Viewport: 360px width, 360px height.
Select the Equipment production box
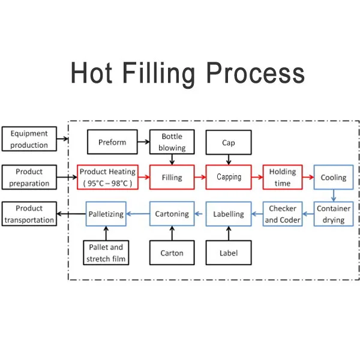[x=29, y=139]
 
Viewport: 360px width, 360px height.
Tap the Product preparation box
[x=29, y=178]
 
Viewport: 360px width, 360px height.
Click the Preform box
[x=112, y=142]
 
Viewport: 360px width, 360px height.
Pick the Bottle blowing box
[x=172, y=142]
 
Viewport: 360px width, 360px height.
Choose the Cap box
[x=229, y=143]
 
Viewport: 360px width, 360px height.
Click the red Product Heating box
[x=108, y=177]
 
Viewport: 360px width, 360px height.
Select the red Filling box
[x=172, y=177]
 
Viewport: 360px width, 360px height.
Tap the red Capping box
[x=229, y=177]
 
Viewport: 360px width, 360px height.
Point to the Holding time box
[x=282, y=178]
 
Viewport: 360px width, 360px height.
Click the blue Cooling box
[x=333, y=178]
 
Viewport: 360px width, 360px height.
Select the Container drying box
[x=333, y=214]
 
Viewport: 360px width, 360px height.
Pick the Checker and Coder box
[x=282, y=214]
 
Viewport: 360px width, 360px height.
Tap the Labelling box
[x=229, y=214]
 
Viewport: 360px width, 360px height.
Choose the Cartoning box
[x=172, y=214]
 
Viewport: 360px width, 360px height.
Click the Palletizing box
[x=106, y=214]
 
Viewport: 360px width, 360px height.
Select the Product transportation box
[x=29, y=214]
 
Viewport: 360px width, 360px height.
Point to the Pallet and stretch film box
[x=106, y=253]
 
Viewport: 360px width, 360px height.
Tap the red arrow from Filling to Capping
[x=200, y=177]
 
